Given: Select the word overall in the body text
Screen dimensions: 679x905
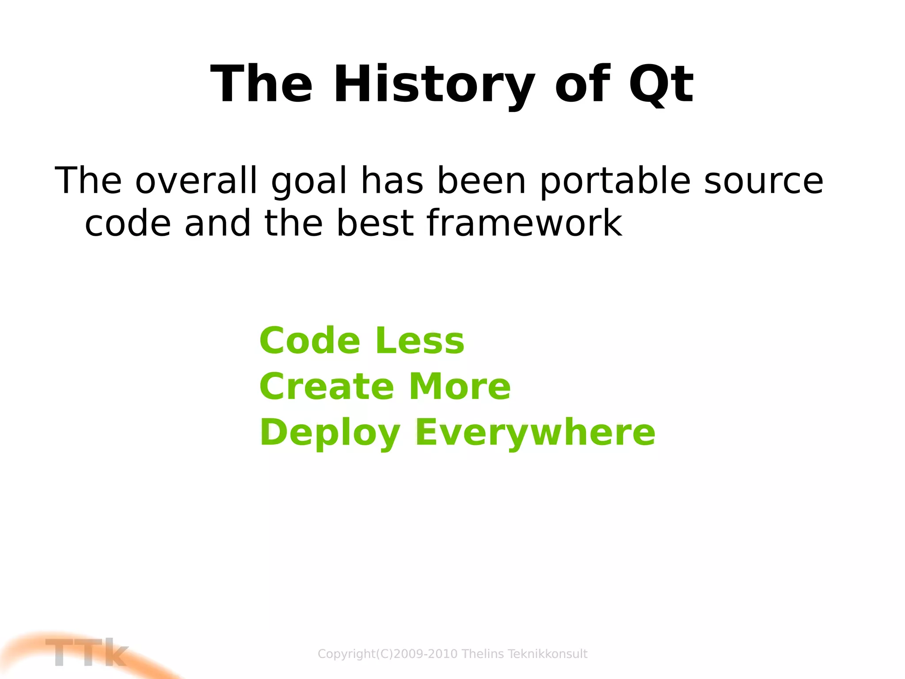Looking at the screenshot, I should (x=196, y=180).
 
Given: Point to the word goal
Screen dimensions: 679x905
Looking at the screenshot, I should (x=309, y=181).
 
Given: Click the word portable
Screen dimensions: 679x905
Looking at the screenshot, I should (x=615, y=181).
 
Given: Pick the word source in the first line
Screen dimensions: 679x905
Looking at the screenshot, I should (x=764, y=181).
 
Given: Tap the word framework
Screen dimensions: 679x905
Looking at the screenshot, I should (x=525, y=223).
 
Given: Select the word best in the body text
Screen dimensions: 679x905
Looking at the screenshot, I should (x=375, y=223).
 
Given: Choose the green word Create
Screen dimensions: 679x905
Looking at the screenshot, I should (x=327, y=387).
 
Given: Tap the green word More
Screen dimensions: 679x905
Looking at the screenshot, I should (x=460, y=387).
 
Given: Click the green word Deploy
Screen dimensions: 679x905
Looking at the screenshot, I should (x=330, y=433).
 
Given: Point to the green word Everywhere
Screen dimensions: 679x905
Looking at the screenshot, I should (x=535, y=433).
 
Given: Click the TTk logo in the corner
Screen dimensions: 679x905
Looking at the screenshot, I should (x=86, y=653).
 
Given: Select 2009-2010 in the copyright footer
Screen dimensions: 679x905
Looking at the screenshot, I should (x=425, y=654).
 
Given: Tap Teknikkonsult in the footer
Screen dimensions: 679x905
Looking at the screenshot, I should (x=548, y=654).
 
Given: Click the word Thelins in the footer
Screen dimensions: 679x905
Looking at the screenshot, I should (x=483, y=654).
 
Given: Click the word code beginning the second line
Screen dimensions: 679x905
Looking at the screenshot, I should (x=128, y=223).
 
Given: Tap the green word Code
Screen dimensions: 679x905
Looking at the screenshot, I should (x=310, y=341).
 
